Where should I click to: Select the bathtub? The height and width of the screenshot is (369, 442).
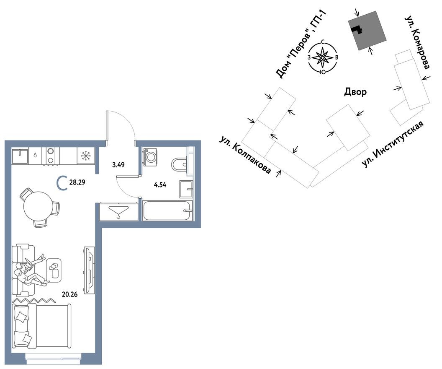(x=167, y=210)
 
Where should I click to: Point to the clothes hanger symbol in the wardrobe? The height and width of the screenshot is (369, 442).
(x=118, y=212)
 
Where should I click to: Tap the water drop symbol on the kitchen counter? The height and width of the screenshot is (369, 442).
(x=35, y=155)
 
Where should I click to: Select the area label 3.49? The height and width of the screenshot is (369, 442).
(x=118, y=165)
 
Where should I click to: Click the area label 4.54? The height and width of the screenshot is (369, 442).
(x=160, y=185)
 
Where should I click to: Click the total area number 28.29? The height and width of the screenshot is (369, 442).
(x=77, y=182)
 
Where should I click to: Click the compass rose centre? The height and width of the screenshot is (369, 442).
(x=322, y=57)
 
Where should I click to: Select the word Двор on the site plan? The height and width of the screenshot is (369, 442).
(x=355, y=92)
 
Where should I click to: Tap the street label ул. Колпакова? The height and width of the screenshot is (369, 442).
(x=245, y=155)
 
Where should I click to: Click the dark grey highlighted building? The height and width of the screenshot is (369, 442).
(x=367, y=31)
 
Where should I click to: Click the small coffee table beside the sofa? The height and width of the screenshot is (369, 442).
(x=54, y=270)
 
